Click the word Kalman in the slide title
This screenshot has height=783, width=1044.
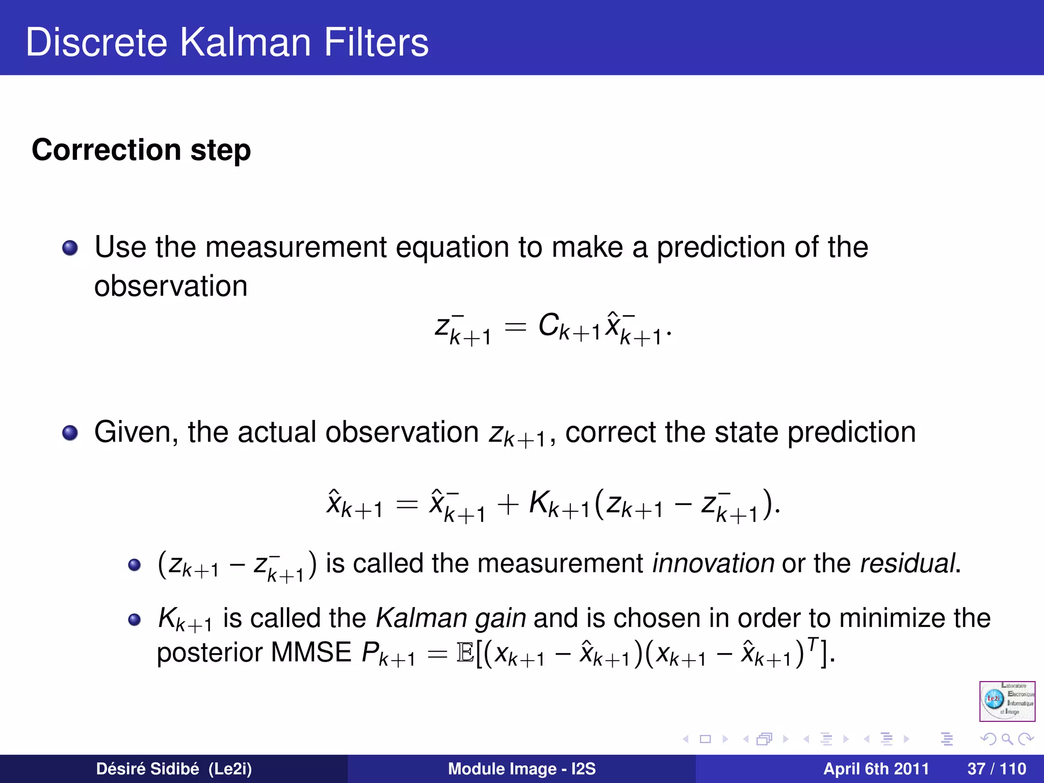245,42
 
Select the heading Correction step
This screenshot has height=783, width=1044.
141,150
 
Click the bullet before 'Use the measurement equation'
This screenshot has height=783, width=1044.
70,248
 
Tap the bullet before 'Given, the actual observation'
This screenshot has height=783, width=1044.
70,433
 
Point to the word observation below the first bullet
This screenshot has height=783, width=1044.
171,286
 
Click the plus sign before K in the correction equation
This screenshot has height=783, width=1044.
508,505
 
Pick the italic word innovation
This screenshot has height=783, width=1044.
713,563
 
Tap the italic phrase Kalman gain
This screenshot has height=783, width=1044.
451,618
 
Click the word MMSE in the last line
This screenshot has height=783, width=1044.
311,652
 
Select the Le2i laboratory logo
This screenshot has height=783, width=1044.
1007,701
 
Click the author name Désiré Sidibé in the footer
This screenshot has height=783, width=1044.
147,769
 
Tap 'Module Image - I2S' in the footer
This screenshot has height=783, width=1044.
521,769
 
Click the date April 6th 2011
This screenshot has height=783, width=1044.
876,769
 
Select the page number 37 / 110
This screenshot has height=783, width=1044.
996,769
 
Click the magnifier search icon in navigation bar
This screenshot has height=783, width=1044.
1007,739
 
